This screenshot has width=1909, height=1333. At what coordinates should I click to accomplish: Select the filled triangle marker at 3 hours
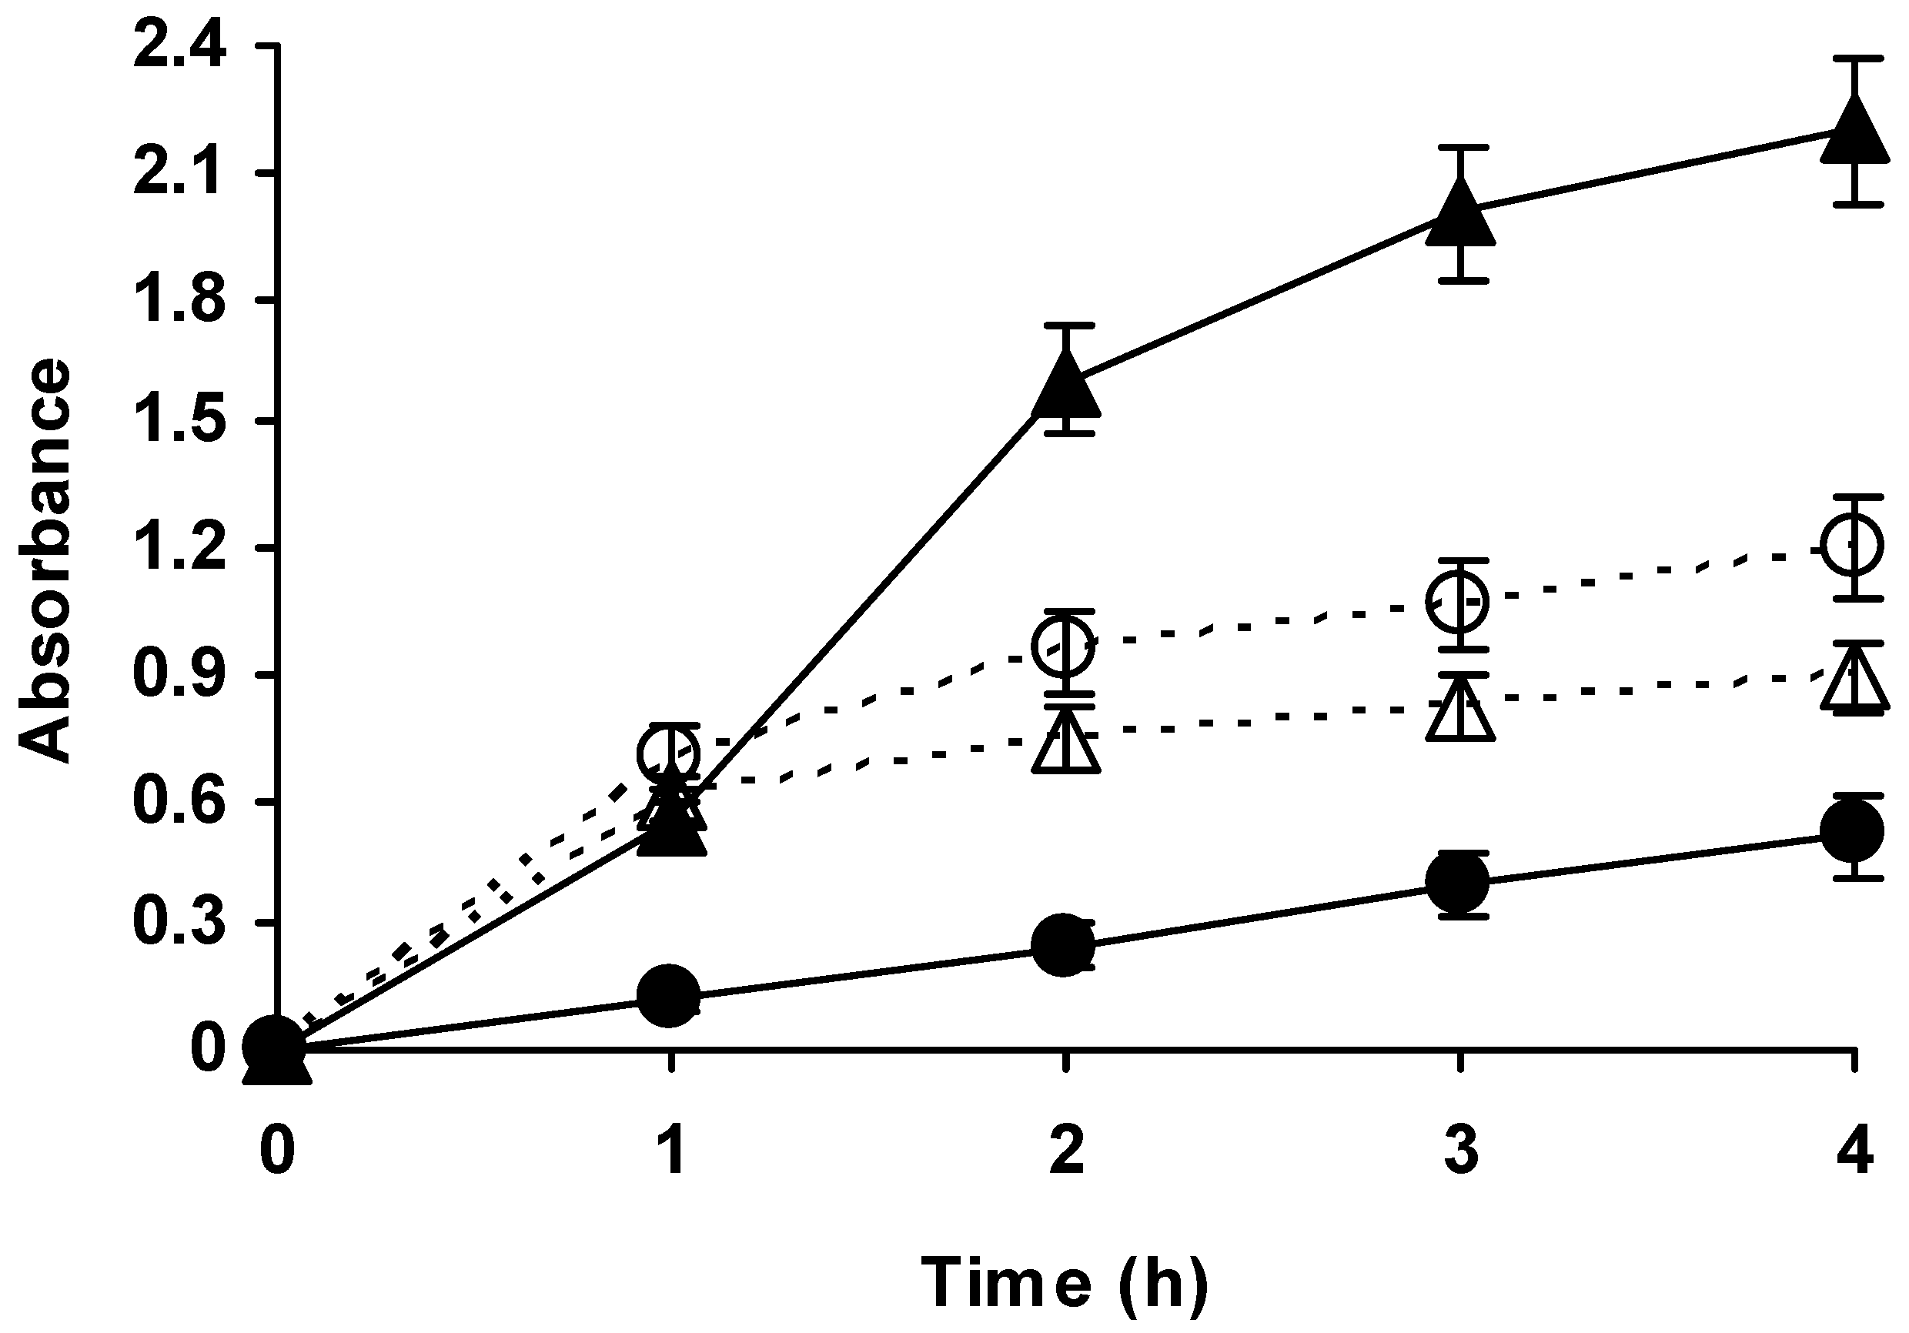tap(1460, 215)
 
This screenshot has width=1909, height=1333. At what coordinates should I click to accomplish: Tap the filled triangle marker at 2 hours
tap(1065, 386)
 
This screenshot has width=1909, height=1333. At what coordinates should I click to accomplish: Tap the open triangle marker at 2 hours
tap(1065, 744)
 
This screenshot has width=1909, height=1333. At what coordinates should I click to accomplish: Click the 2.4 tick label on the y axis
tap(179, 51)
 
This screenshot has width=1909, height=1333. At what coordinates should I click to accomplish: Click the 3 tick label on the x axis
tap(1460, 1151)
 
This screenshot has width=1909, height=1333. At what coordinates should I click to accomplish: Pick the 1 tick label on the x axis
tap(671, 1151)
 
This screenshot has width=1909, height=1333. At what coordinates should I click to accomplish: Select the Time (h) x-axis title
tap(1065, 1281)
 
